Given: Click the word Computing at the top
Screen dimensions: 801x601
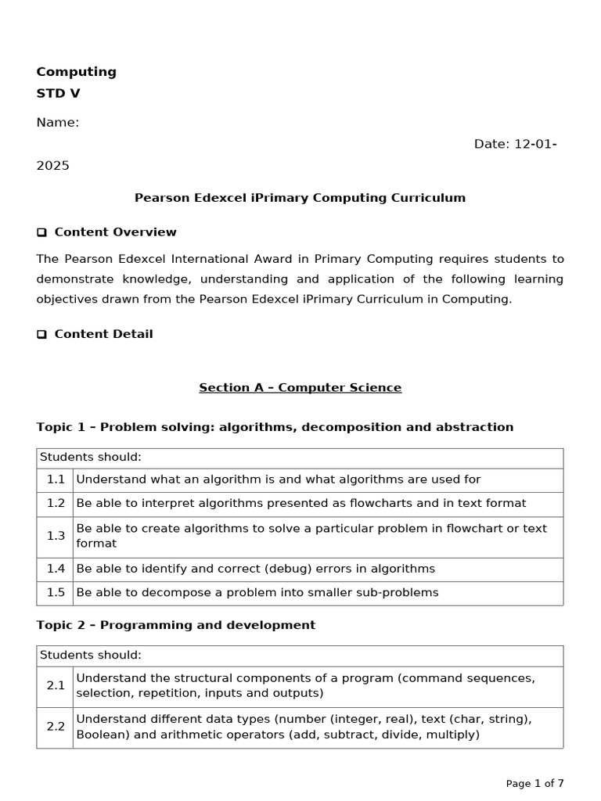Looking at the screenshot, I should (x=76, y=72).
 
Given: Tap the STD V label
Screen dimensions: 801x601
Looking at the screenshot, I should (x=58, y=94).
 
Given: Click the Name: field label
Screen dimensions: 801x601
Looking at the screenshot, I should (x=57, y=123).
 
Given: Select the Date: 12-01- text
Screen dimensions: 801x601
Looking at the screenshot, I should (x=515, y=144).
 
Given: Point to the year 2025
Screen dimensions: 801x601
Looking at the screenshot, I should (x=52, y=166).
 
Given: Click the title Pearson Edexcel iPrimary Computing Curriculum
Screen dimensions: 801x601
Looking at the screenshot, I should (x=300, y=198).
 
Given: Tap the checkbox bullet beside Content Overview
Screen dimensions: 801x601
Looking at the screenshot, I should (x=41, y=233).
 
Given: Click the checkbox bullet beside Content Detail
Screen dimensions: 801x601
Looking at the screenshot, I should (x=41, y=335).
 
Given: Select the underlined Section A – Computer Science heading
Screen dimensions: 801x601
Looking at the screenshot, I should (x=300, y=388).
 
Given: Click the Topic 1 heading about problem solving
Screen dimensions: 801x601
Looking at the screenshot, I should (x=275, y=427).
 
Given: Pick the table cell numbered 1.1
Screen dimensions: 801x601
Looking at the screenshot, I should (x=55, y=480).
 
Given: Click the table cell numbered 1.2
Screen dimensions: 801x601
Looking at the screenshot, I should (x=55, y=504).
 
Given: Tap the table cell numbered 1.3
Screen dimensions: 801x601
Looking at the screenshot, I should (x=55, y=536).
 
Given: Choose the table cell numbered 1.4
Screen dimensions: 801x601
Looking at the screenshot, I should (x=55, y=569).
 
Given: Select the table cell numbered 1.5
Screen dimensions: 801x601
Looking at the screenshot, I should (x=55, y=593).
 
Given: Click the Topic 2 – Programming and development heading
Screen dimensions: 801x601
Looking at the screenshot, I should (x=175, y=625).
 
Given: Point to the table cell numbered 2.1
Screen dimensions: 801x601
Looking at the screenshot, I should (x=55, y=686).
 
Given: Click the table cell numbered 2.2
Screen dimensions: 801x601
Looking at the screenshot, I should (x=55, y=727).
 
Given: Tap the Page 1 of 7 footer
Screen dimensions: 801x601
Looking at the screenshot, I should (x=534, y=783).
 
